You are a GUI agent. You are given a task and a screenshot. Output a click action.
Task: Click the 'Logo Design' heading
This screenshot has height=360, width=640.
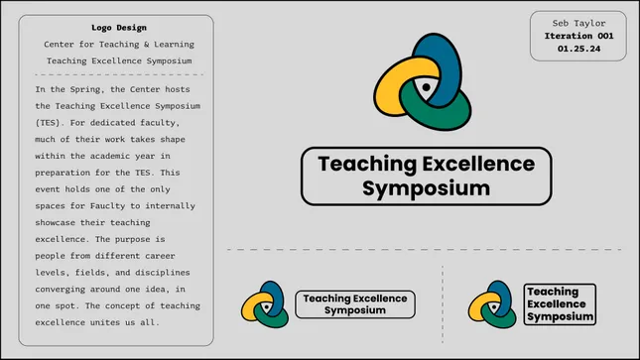point(118,28)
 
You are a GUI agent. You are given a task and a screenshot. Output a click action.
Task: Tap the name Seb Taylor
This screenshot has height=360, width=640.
point(576,21)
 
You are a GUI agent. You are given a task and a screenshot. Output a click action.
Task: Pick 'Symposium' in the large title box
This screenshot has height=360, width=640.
point(425,187)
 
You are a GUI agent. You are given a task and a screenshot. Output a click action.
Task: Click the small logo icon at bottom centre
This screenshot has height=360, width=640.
point(264,304)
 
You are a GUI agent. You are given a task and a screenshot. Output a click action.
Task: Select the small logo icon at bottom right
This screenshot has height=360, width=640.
point(492,304)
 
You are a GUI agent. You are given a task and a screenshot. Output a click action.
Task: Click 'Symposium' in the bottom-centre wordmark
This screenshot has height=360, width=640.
point(354,310)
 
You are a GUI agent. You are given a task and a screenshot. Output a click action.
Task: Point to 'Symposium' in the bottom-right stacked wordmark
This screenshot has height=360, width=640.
point(560,316)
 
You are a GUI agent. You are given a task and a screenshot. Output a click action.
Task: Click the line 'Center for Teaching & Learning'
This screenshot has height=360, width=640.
point(118,45)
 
